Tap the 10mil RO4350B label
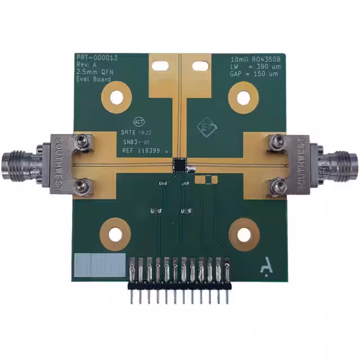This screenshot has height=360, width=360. [x=255, y=59]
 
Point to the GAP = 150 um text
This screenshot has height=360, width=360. [x=255, y=74]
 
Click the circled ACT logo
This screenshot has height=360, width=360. [x=139, y=121]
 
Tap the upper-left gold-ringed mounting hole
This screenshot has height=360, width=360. [x=116, y=97]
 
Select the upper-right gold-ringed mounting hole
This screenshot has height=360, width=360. [x=243, y=97]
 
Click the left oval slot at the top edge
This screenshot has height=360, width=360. [x=160, y=66]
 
